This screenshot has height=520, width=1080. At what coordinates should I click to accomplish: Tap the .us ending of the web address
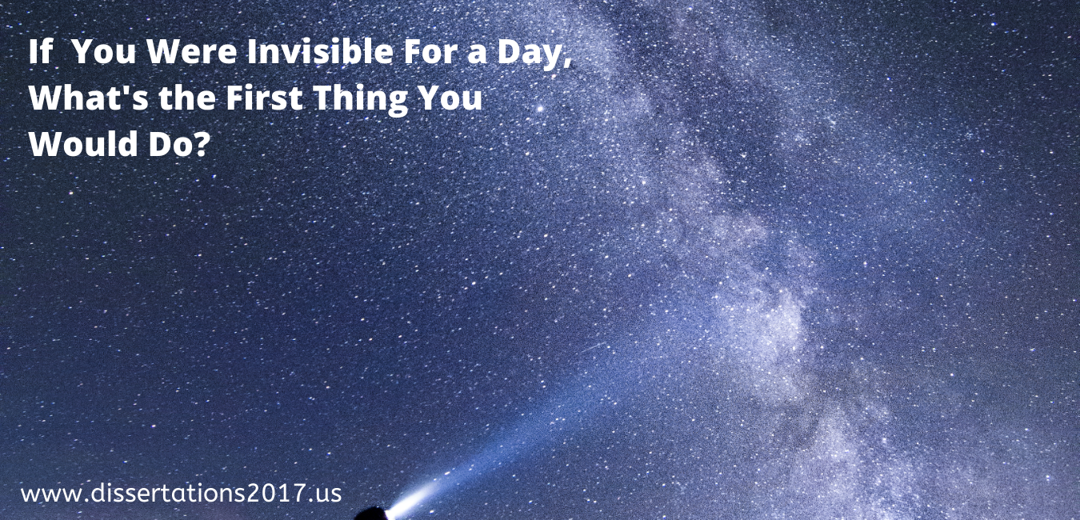coord(326,494)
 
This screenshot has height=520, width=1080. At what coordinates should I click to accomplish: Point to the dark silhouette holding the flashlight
coord(370,514)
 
